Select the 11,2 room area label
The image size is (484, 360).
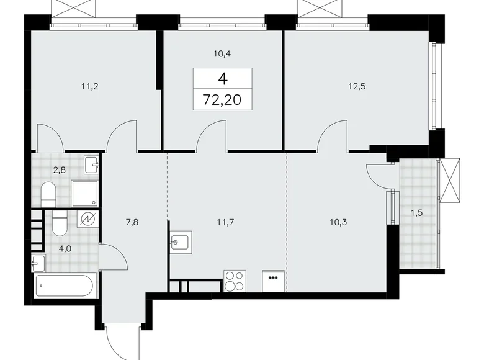pyautogui.click(x=91, y=88)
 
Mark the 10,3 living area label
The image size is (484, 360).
pyautogui.click(x=339, y=220)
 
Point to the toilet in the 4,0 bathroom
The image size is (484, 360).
pyautogui.click(x=59, y=223)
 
